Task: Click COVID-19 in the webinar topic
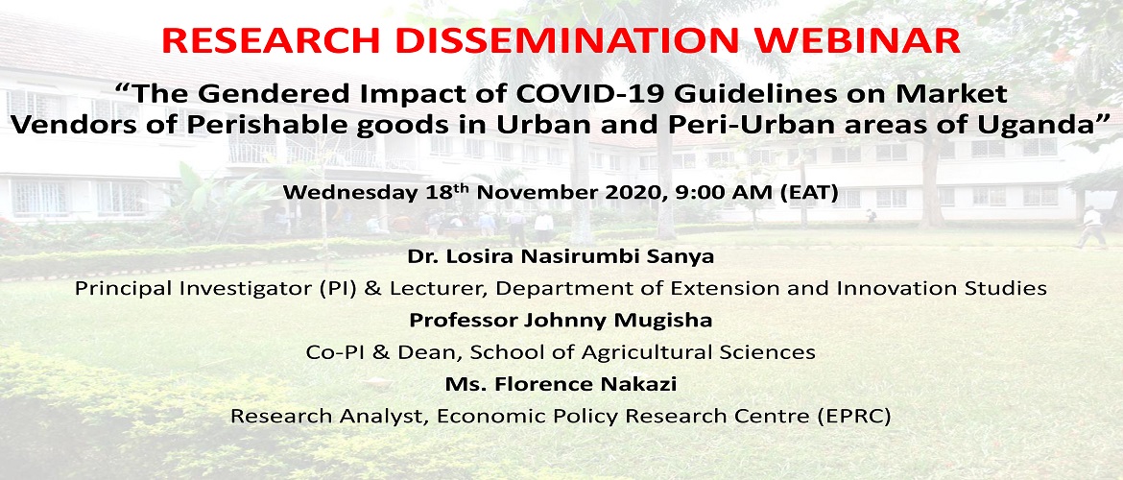[557, 94]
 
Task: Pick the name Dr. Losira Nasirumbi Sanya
[561, 256]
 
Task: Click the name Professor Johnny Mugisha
[561, 321]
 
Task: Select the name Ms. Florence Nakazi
[561, 384]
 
